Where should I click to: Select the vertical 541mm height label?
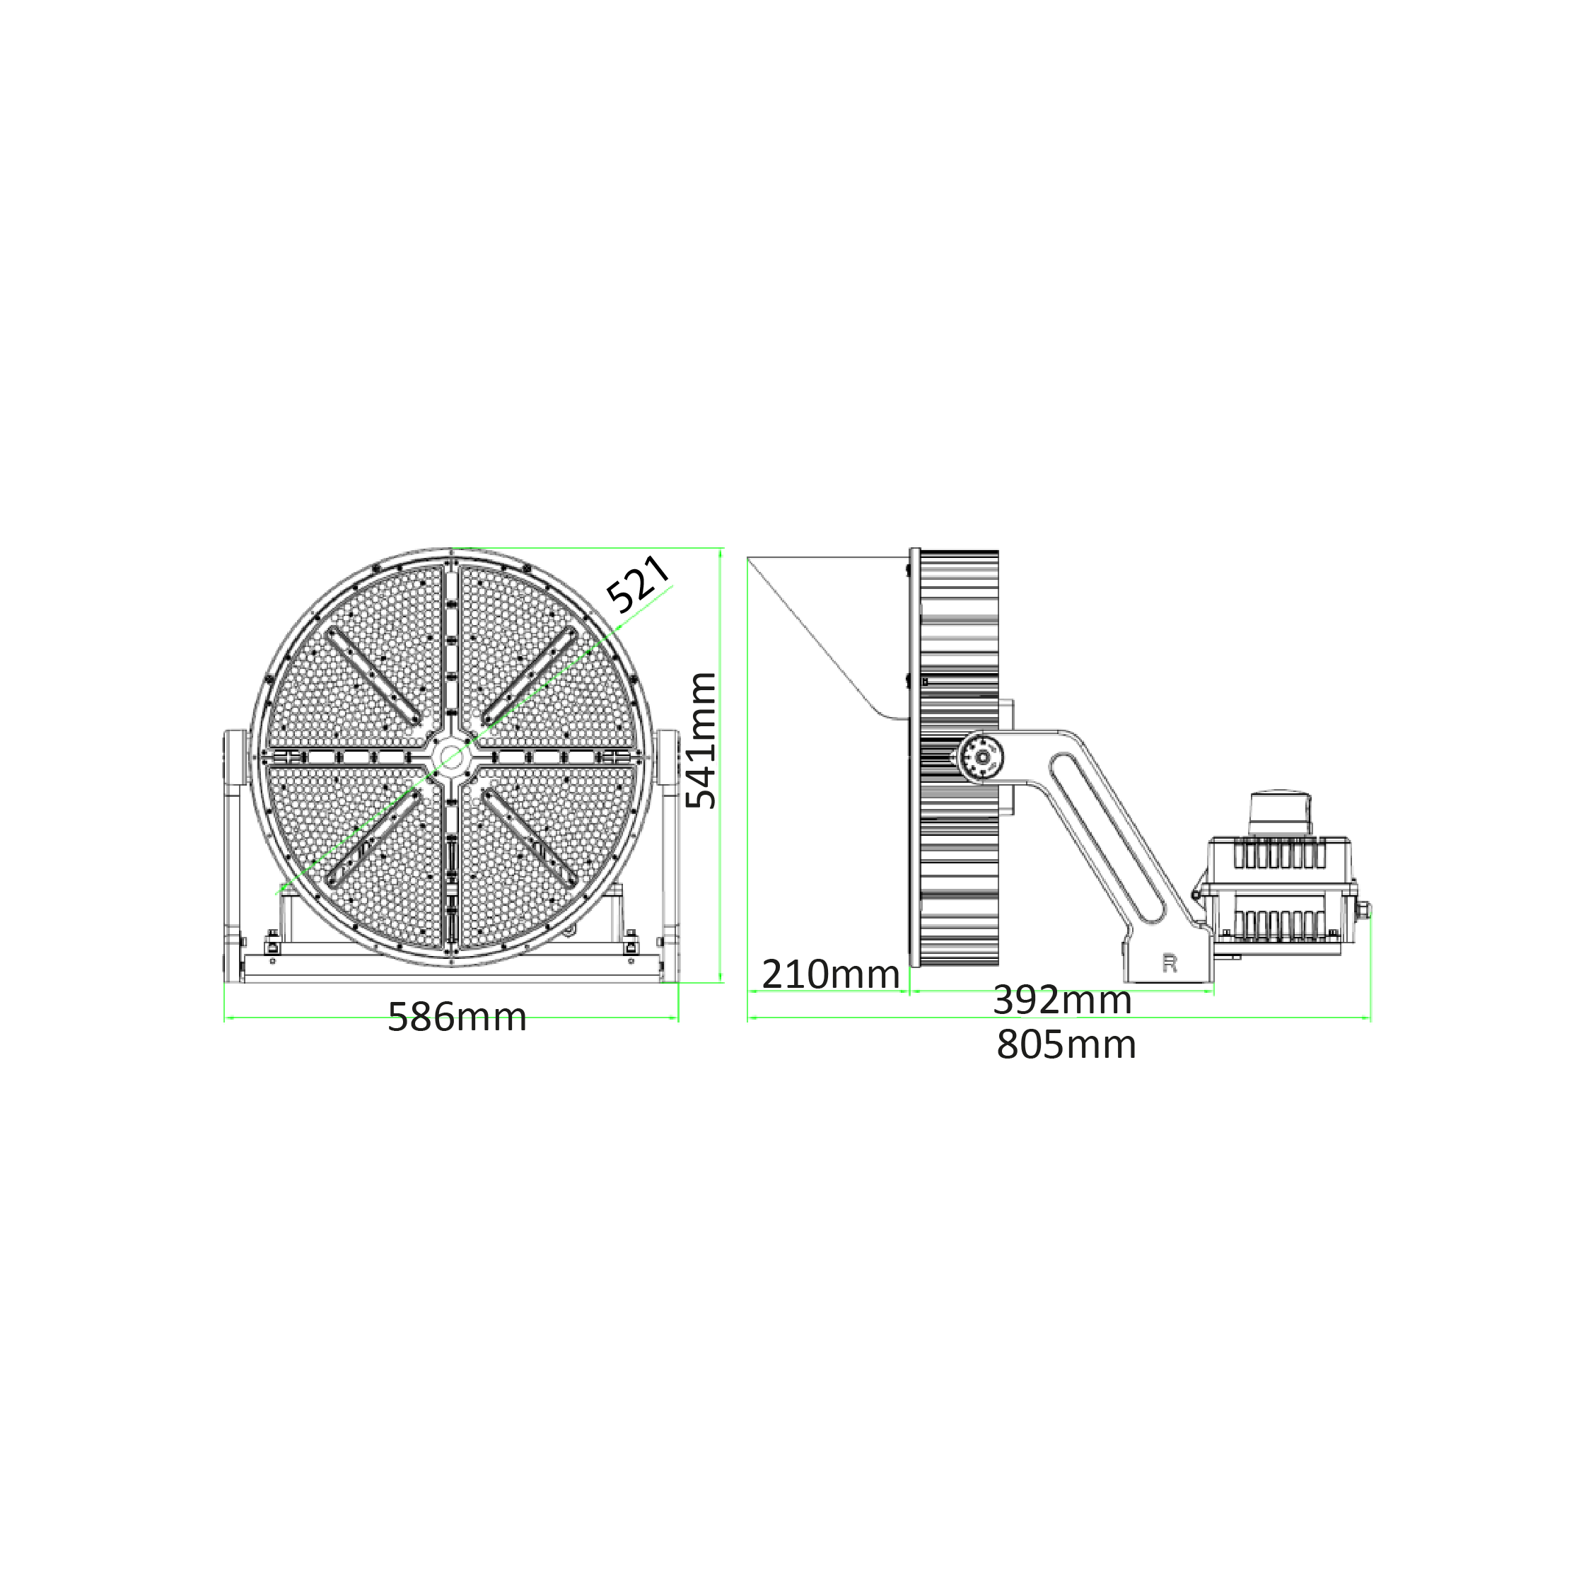[701, 740]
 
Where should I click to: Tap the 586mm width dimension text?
[457, 1017]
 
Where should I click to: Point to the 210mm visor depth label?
[830, 974]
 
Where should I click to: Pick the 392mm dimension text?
[1062, 1000]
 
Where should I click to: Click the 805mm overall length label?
[1066, 1044]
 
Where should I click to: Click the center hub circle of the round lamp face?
[451, 756]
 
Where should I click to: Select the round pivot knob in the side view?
[981, 757]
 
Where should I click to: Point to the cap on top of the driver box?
[1281, 814]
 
